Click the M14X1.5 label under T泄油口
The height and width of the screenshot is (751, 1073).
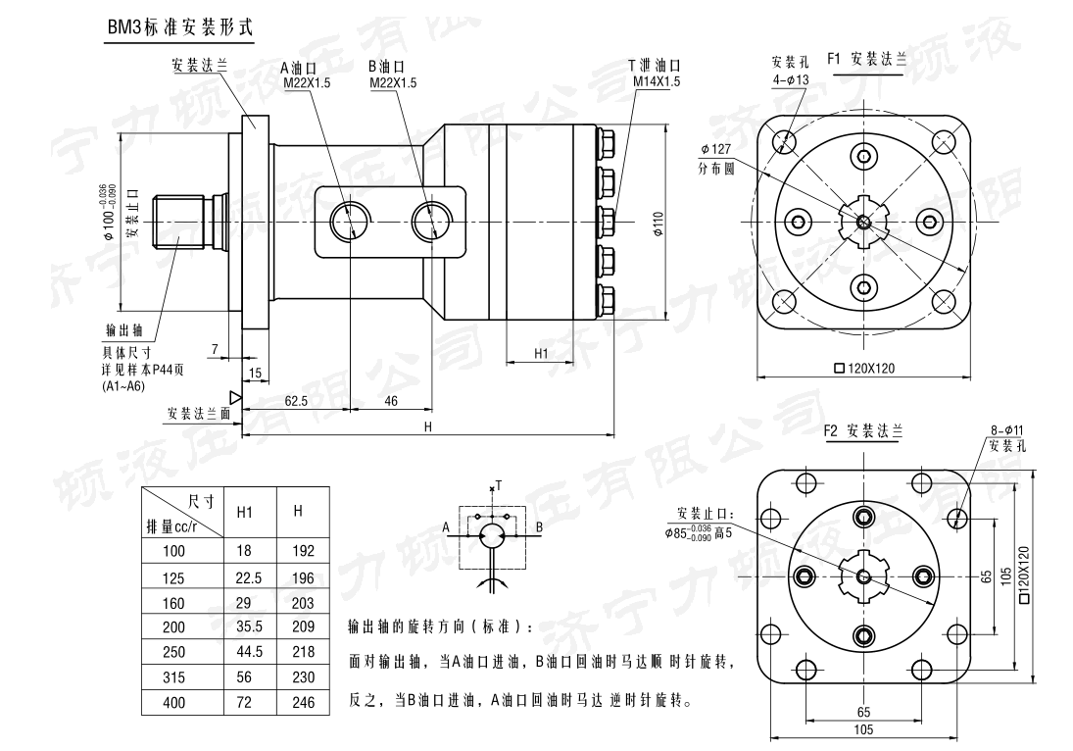656,82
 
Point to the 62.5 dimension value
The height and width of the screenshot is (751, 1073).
296,400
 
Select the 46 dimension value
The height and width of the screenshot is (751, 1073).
390,400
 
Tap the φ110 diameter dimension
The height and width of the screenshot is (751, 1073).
658,225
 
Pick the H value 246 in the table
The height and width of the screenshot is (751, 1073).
303,702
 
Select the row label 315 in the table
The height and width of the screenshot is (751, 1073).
173,677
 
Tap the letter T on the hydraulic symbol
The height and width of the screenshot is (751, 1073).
498,484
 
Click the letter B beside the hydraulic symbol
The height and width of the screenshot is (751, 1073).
539,527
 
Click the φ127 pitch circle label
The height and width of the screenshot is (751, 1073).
716,149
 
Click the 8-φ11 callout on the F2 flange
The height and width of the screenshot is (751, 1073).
1006,429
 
